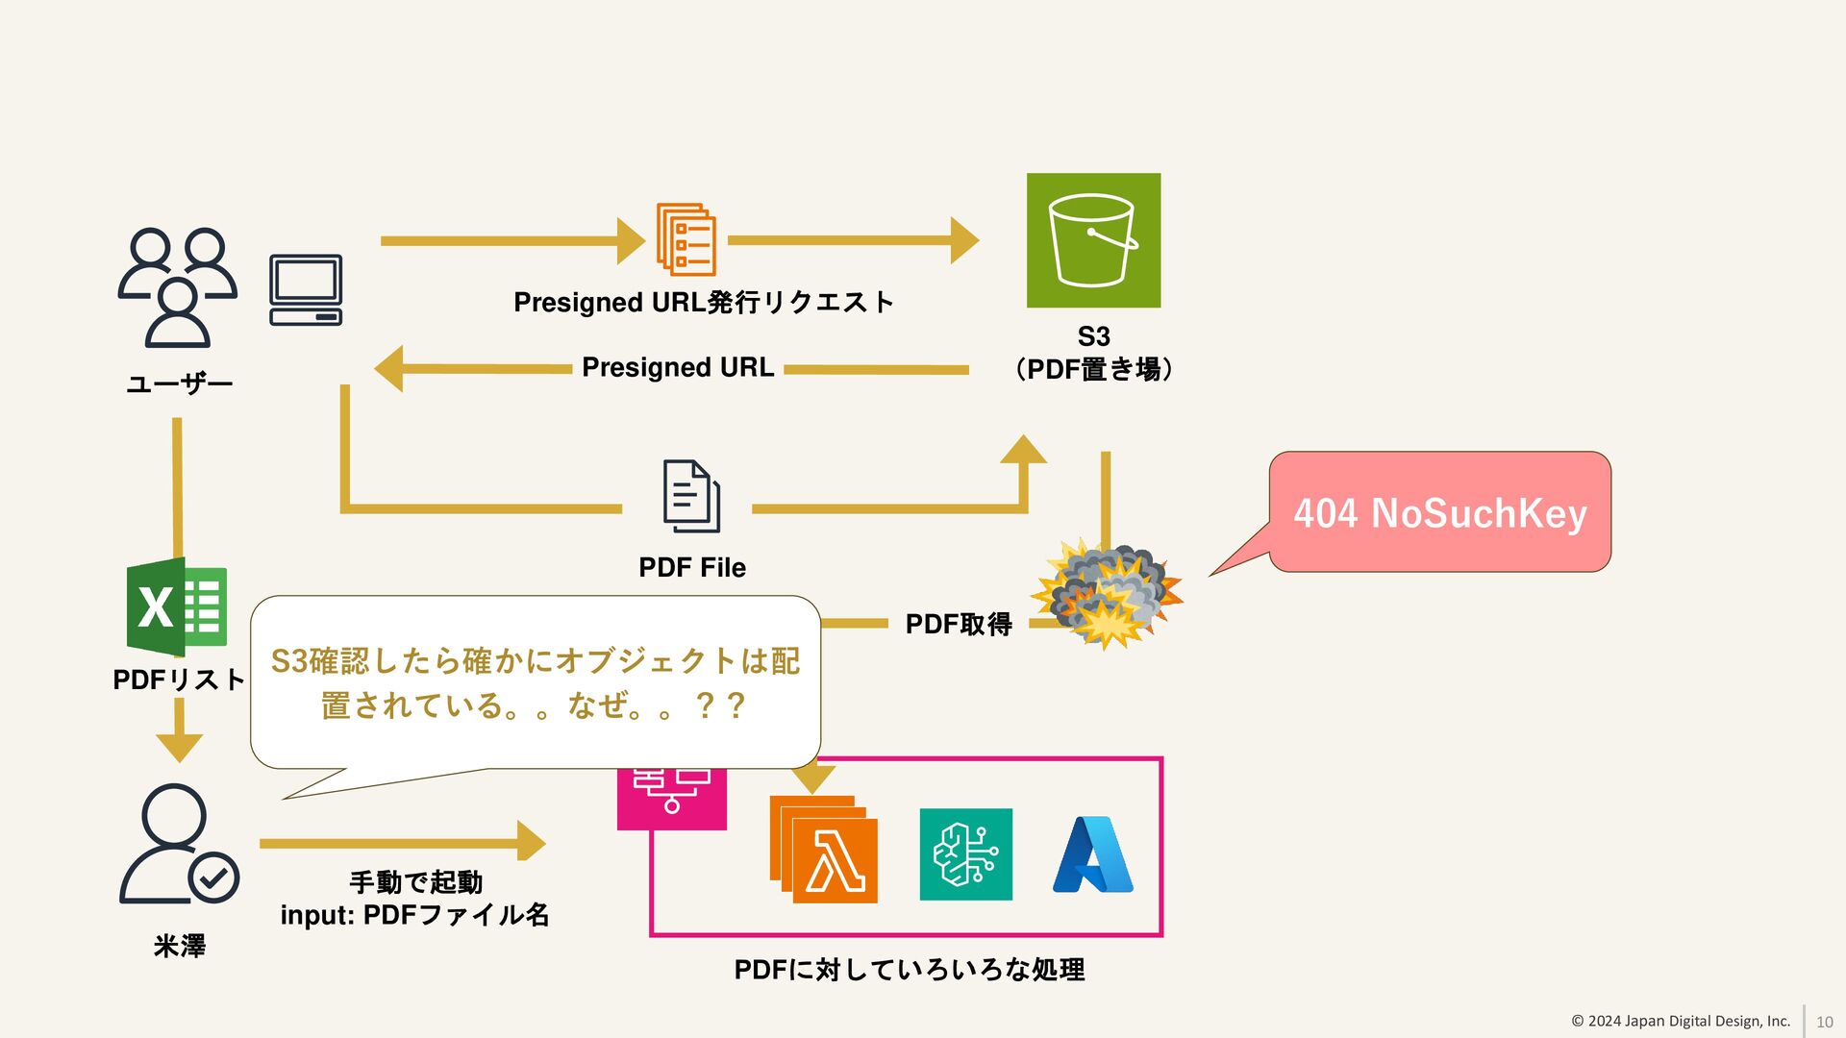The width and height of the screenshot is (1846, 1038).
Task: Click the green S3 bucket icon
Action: (1093, 240)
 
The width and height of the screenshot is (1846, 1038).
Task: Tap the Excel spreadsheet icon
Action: (177, 606)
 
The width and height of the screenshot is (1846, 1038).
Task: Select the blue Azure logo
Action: (1093, 854)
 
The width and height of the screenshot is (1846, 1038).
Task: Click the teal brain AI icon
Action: (965, 854)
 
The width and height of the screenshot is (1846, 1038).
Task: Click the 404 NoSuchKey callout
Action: (1439, 512)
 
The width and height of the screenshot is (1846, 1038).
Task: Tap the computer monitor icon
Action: (306, 289)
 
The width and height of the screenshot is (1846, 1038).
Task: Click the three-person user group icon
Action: (178, 287)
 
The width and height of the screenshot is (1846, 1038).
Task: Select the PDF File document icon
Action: (691, 496)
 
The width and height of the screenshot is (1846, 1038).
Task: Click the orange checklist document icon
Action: (686, 239)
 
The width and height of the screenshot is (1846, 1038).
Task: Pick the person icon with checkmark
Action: (179, 845)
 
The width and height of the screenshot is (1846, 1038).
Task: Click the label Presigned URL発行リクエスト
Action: (704, 303)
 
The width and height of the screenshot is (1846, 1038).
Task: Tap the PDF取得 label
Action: (959, 625)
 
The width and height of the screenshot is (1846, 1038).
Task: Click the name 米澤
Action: (180, 947)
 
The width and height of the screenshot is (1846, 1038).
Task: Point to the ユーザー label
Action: (180, 384)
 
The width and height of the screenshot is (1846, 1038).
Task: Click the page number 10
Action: (1824, 1022)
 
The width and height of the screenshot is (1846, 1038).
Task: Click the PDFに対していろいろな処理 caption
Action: (909, 970)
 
